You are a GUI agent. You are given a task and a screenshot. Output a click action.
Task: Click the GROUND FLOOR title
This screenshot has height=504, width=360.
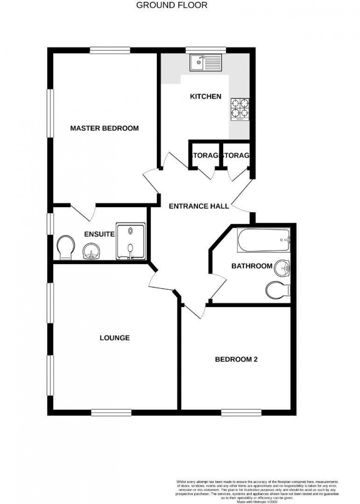[x=172, y=5]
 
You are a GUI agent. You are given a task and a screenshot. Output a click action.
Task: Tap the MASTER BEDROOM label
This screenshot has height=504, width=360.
[x=104, y=128]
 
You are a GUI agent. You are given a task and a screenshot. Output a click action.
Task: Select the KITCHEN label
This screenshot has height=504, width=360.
[x=205, y=97]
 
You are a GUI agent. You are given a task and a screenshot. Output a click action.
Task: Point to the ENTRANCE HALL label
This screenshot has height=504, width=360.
[x=199, y=206]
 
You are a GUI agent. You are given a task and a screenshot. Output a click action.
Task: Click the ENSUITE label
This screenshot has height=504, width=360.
[x=99, y=234]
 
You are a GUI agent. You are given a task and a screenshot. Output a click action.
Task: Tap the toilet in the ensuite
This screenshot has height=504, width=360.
[x=66, y=247]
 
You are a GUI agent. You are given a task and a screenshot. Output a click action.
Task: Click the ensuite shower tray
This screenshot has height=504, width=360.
[x=131, y=241]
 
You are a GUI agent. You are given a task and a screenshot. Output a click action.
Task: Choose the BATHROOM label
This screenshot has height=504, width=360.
[x=252, y=266]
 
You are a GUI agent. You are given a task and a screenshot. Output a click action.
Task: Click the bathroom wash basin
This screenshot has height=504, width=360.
[x=284, y=269]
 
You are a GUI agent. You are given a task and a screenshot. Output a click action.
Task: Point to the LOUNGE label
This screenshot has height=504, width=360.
[x=115, y=338]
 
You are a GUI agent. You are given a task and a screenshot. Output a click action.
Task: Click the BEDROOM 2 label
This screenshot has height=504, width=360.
[x=236, y=359]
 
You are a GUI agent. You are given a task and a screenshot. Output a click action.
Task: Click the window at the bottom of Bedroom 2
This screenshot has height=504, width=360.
[x=241, y=413]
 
